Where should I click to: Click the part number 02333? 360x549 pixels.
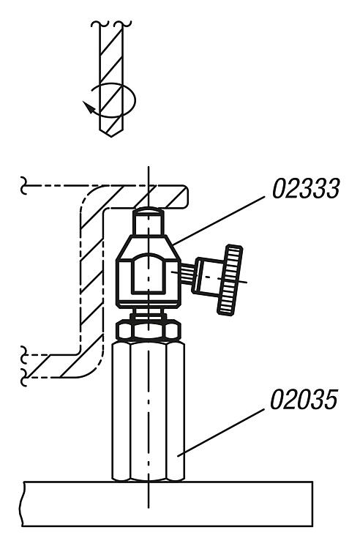coord(306,188)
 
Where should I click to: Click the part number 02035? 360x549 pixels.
coord(304,399)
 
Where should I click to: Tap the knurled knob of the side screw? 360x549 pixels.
coord(230,280)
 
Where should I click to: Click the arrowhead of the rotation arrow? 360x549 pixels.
coord(89,107)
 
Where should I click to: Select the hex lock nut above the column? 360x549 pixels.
coord(149,330)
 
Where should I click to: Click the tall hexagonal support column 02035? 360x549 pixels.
coord(149,411)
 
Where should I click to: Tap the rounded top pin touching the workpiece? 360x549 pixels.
coord(148,222)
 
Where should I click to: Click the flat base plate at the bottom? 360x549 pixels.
coord(168,504)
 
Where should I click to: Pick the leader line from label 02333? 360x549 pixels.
coord(219,221)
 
